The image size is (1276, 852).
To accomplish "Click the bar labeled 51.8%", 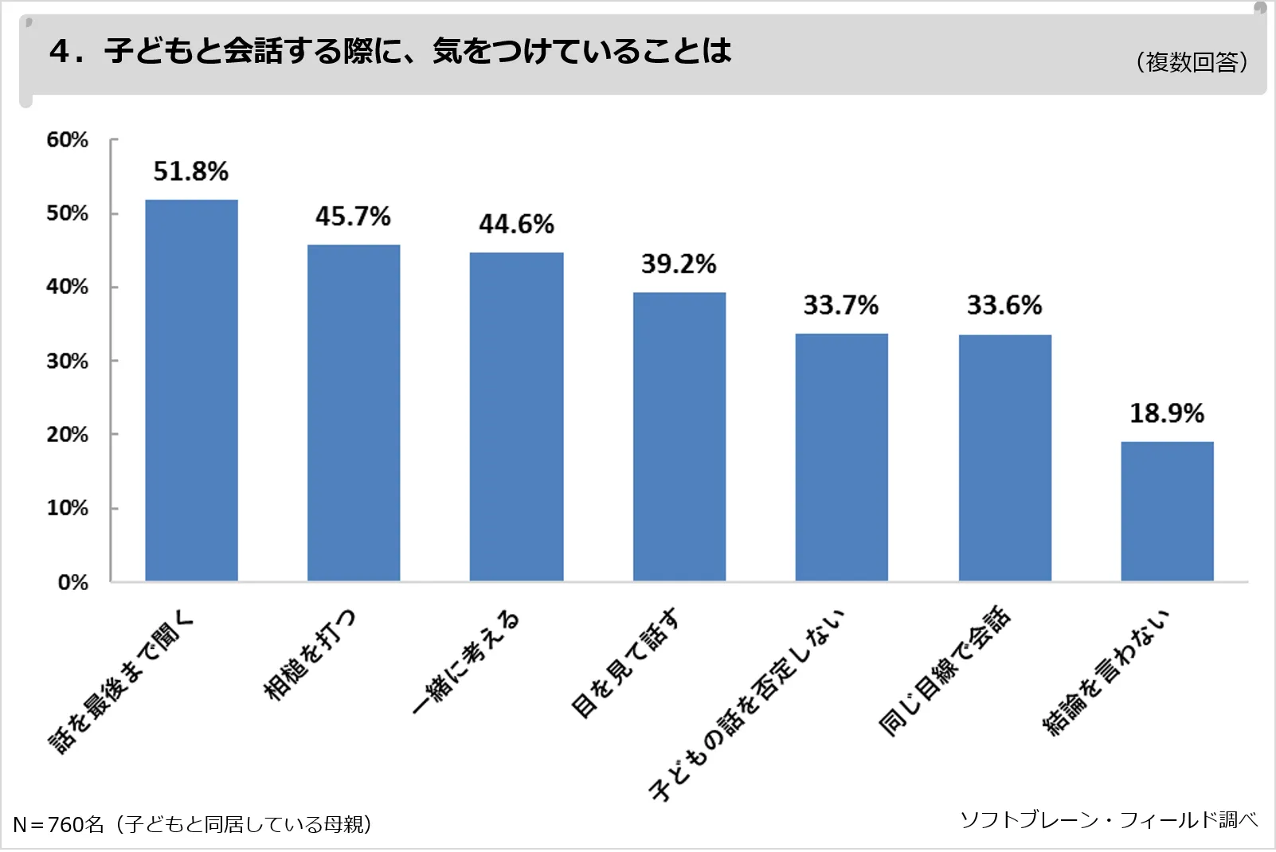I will (191, 390).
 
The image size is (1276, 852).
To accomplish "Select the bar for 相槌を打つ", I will (354, 412).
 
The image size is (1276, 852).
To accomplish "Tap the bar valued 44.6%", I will (516, 416).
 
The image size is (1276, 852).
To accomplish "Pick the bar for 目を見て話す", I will (679, 436).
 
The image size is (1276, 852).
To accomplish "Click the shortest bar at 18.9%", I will (1167, 511).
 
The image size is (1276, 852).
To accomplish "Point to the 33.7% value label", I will (840, 305).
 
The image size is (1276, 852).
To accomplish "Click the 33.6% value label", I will (1004, 305).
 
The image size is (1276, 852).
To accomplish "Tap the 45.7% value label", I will (353, 217).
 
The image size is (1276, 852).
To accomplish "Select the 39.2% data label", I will (679, 264).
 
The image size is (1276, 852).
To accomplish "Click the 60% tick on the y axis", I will (67, 140).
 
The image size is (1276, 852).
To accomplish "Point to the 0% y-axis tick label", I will (72, 582).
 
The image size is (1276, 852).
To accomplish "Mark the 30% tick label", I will (67, 362).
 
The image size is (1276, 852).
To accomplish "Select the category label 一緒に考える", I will (466, 662).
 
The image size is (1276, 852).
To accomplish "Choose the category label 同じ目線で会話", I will (945, 670).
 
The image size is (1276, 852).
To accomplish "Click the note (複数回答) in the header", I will (1192, 62).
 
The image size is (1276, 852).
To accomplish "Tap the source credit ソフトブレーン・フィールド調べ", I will (1109, 819).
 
